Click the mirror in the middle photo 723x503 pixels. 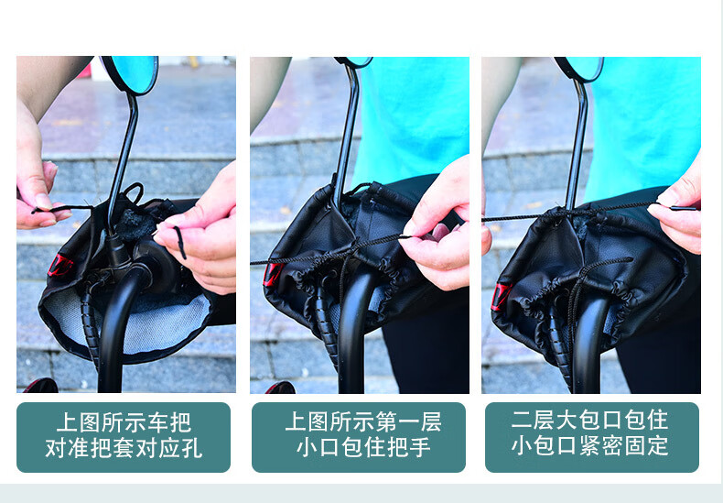(x=354, y=61)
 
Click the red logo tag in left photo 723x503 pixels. (x=59, y=266)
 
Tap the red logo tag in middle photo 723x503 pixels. (x=272, y=274)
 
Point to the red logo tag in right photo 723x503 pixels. (x=501, y=296)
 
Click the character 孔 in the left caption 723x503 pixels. (x=191, y=448)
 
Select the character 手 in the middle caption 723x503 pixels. (x=420, y=446)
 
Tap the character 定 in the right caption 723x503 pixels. (x=657, y=445)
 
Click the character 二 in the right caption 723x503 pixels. (x=523, y=420)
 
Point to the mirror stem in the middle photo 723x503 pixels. (x=346, y=134)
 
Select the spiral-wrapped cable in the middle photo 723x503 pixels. (x=329, y=323)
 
